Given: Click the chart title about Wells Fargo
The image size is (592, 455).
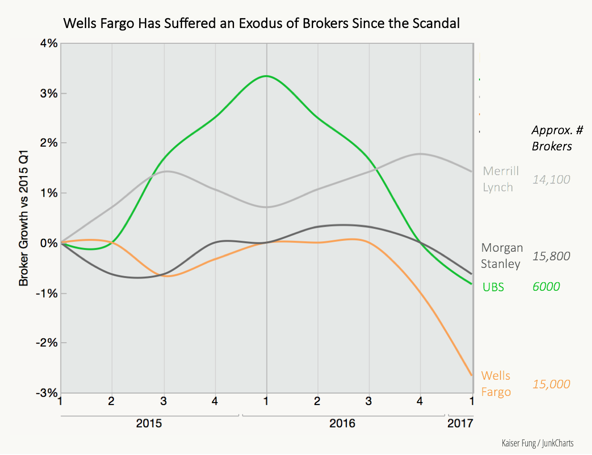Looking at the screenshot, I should point(262,23).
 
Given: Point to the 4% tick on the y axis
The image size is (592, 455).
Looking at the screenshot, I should point(49,44).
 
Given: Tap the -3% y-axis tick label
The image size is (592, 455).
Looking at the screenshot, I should point(47,393).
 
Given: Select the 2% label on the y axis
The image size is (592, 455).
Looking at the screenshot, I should point(49,143).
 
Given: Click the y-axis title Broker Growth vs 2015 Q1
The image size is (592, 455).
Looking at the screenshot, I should point(23,218).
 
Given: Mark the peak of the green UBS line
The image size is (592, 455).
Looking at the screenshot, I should point(266,76).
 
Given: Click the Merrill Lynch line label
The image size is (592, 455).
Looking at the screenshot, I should point(500,179).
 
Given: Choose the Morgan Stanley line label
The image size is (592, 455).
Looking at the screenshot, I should point(501,256).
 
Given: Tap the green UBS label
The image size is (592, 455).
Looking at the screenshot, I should point(493,287).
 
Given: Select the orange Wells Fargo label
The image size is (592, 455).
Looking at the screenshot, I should point(496,384).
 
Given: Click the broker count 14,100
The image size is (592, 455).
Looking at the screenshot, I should point(551,179).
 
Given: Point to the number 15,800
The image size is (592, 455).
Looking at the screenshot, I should point(551,256).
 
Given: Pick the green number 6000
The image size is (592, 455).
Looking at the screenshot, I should point(546,287).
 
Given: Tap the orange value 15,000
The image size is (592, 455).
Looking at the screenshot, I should point(551,384).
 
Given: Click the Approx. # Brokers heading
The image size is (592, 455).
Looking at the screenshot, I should point(556,138).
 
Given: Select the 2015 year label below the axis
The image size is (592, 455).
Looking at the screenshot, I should point(149,423).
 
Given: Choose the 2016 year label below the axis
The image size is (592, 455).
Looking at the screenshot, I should point(342,423).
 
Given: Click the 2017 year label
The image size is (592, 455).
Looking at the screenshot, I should point(460,423).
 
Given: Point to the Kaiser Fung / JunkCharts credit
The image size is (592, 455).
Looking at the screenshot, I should point(537,443).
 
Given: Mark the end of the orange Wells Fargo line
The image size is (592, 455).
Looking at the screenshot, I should point(471,375).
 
